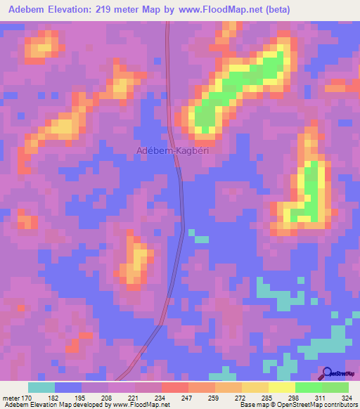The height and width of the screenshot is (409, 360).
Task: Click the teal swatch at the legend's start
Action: point(41,387)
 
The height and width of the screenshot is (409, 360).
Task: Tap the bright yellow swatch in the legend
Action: point(281,387)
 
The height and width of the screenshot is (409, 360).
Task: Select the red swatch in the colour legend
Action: point(174,387)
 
